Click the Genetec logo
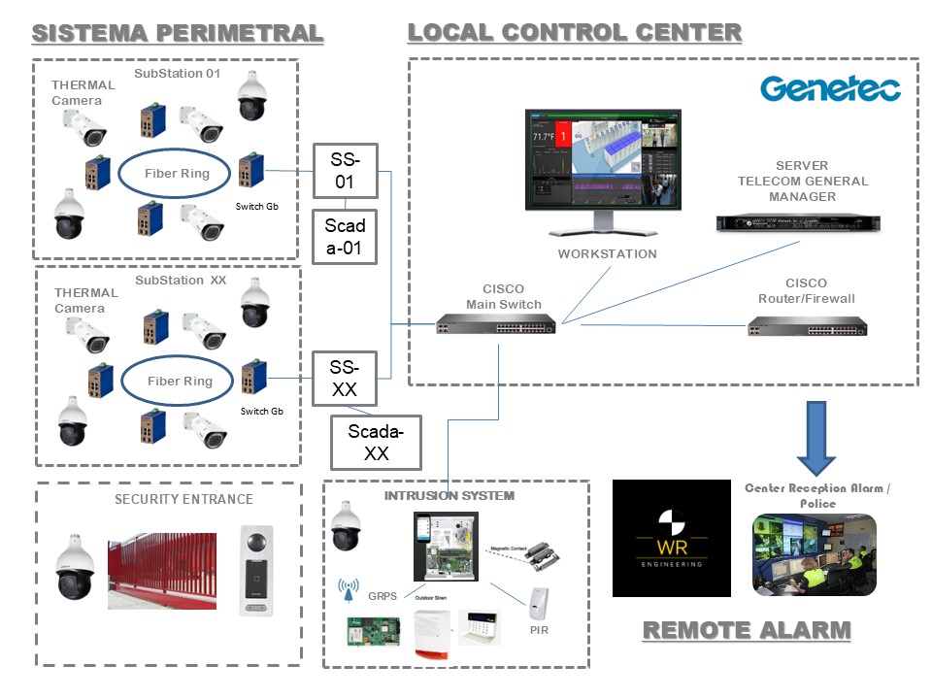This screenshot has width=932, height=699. (x=830, y=88)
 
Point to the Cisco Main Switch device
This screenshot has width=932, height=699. (x=495, y=323)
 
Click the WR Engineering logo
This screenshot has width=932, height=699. (x=671, y=538)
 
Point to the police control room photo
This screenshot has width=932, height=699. (x=814, y=555)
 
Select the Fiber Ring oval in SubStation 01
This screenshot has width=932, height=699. (x=177, y=174)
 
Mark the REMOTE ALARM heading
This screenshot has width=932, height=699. (x=747, y=630)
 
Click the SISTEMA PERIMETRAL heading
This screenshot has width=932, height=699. (x=178, y=33)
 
